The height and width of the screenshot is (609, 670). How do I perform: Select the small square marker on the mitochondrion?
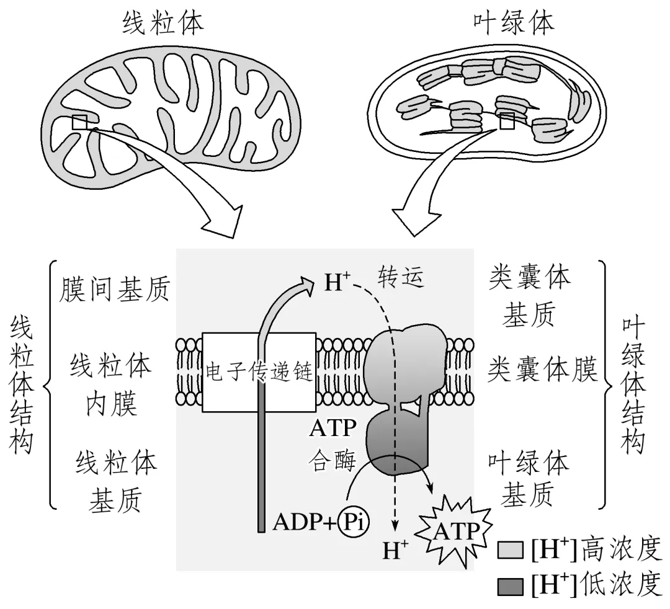[x=79, y=122]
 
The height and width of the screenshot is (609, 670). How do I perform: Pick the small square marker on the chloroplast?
[x=507, y=122]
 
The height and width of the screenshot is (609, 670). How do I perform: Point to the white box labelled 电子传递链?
[x=259, y=372]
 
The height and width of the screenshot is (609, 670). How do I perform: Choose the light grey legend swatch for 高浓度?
[x=510, y=550]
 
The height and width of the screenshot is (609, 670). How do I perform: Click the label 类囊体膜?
[x=542, y=370]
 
